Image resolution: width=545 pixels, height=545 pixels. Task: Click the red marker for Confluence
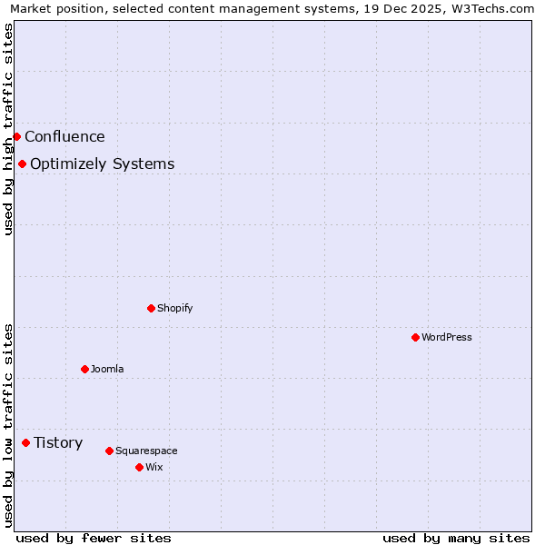coord(16,136)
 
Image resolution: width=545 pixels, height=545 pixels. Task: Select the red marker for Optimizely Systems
coord(22,163)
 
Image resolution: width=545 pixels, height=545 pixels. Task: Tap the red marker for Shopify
coord(151,308)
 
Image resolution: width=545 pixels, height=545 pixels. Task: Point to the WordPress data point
coord(415,337)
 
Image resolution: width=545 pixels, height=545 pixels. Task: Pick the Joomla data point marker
coord(84,369)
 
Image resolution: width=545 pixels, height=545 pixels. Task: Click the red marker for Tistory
coord(25,442)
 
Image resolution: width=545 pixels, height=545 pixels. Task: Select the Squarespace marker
coord(109,451)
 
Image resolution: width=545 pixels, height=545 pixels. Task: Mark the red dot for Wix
coord(139,467)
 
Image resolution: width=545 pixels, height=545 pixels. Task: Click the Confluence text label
coord(64,137)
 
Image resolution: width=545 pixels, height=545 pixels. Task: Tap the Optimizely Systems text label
coord(102,164)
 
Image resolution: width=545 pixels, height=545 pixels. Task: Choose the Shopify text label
coord(174,308)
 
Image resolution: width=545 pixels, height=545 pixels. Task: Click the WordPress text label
coord(446,337)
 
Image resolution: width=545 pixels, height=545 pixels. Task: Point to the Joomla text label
coord(107,369)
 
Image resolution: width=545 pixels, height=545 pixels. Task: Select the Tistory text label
coord(58,443)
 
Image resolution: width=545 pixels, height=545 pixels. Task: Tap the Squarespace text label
coord(146,451)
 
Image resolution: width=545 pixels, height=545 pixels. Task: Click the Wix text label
coord(154,467)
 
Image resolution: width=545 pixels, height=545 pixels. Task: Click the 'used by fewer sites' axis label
coord(94,538)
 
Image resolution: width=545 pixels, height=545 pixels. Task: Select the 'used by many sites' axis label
coord(455,538)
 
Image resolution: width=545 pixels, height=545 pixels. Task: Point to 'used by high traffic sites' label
coord(8,129)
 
